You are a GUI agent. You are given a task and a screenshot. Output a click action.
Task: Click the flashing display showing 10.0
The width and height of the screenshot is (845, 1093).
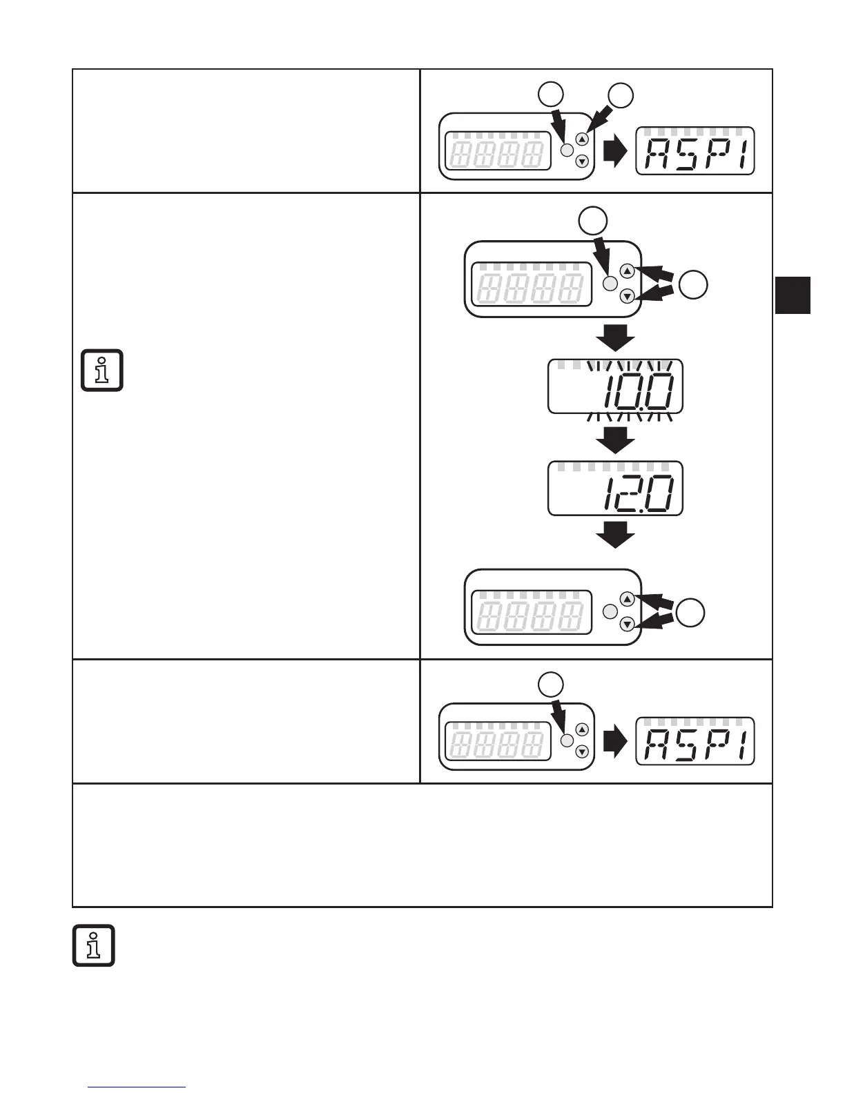(615, 387)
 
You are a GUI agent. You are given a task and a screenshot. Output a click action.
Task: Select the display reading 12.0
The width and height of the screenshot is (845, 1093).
(615, 489)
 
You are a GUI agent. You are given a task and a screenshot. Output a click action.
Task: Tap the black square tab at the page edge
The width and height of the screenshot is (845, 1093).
(793, 295)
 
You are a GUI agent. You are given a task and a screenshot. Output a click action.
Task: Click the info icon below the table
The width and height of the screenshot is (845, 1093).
(94, 945)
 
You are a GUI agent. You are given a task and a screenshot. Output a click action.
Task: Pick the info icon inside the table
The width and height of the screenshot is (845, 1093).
(102, 371)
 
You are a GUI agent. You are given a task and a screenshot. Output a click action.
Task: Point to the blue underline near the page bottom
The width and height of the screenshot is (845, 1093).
(137, 1087)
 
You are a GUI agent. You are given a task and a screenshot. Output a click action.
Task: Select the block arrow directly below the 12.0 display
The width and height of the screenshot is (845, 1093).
(615, 535)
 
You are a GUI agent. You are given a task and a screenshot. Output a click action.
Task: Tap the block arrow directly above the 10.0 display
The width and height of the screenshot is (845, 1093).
(615, 337)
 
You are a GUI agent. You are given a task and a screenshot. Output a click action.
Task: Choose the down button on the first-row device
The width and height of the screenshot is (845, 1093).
(582, 161)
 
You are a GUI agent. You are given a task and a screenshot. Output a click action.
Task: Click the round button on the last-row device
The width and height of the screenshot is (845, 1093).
(567, 740)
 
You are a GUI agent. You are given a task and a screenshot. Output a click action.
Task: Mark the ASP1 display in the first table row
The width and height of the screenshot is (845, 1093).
(695, 151)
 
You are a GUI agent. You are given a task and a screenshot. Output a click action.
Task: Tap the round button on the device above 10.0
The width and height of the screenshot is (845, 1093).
(610, 283)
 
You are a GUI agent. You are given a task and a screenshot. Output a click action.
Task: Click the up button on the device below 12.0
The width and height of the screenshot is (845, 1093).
(627, 598)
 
